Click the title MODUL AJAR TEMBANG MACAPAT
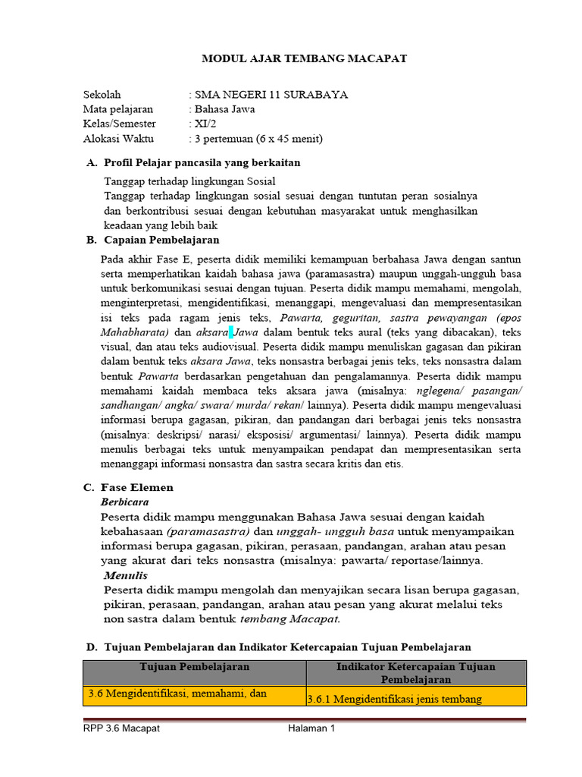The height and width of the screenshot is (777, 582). click(304, 58)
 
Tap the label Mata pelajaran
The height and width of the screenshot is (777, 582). click(118, 109)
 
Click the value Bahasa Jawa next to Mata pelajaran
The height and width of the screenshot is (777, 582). click(225, 109)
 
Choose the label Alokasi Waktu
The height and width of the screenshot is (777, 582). click(118, 138)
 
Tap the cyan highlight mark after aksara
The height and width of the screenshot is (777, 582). click(232, 332)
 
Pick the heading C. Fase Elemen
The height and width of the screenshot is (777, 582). click(130, 487)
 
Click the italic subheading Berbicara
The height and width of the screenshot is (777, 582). click(125, 502)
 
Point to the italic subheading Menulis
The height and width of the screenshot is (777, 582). click(126, 576)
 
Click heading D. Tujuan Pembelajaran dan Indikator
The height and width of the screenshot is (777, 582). click(278, 647)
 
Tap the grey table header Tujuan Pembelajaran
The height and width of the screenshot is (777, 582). click(195, 667)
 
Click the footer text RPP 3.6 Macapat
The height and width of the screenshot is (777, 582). click(121, 728)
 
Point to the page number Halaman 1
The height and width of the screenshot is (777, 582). click(311, 728)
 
